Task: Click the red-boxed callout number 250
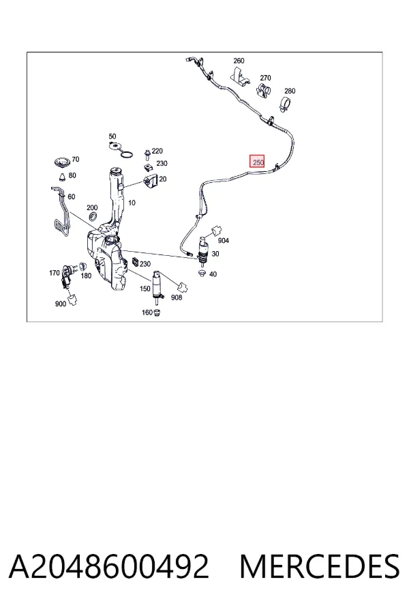pyautogui.click(x=257, y=161)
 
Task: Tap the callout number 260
pyautogui.click(x=239, y=61)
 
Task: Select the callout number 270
pyautogui.click(x=265, y=78)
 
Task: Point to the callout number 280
pyautogui.click(x=290, y=91)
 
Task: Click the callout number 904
pyautogui.click(x=223, y=240)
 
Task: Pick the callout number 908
pyautogui.click(x=177, y=297)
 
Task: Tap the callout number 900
pyautogui.click(x=61, y=304)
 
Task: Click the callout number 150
pyautogui.click(x=145, y=289)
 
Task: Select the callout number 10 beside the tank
pyautogui.click(x=132, y=203)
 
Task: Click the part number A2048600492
pyautogui.click(x=109, y=566)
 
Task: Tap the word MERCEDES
pyautogui.click(x=320, y=566)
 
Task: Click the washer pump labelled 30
pyautogui.click(x=204, y=251)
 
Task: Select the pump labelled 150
pyautogui.click(x=157, y=288)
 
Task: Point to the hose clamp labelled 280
pyautogui.click(x=286, y=103)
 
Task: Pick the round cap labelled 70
pyautogui.click(x=62, y=161)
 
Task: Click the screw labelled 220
pyautogui.click(x=147, y=154)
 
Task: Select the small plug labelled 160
pyautogui.click(x=157, y=312)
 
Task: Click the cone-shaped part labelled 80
pyautogui.click(x=63, y=177)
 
